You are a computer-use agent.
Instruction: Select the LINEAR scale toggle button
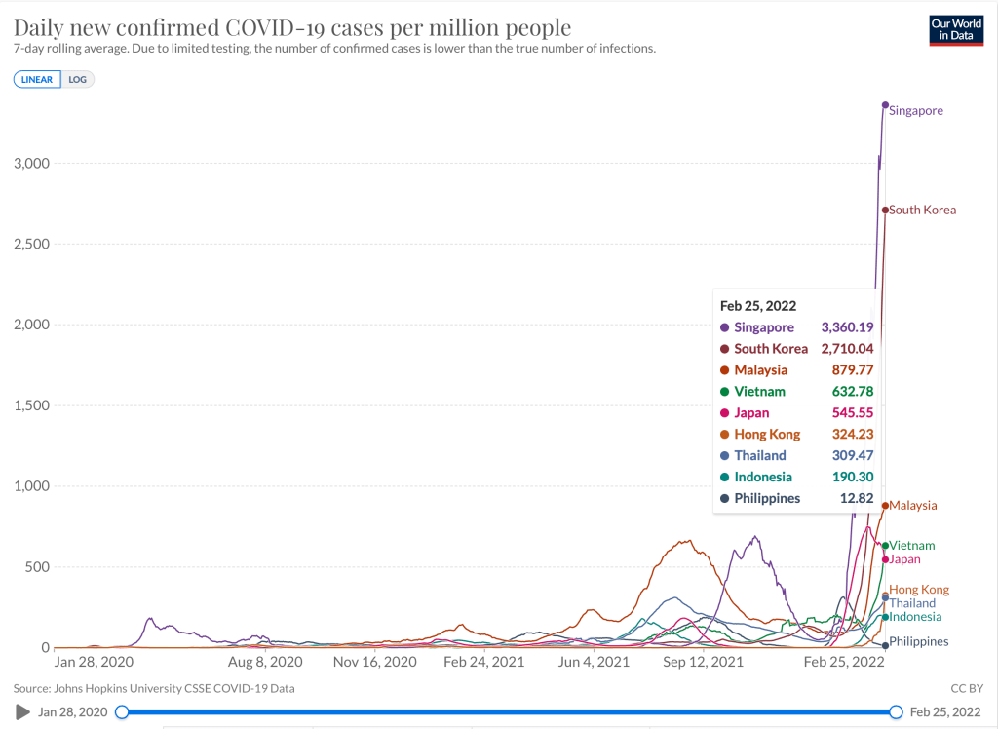(x=37, y=79)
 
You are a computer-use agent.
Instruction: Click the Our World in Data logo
(x=955, y=30)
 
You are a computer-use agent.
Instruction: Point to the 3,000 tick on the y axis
(x=31, y=163)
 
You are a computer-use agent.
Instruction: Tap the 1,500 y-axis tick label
(x=31, y=405)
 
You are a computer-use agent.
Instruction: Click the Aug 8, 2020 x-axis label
(x=264, y=661)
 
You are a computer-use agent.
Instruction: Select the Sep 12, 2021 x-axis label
(x=697, y=661)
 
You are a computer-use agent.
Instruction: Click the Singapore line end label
(x=916, y=111)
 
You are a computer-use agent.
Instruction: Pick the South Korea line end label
(x=922, y=210)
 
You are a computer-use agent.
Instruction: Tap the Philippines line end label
(x=919, y=641)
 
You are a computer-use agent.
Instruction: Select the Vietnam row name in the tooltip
(x=759, y=392)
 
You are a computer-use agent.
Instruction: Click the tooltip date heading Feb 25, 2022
(x=757, y=305)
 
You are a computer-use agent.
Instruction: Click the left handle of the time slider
(x=122, y=712)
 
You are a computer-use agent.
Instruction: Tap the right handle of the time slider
(x=897, y=712)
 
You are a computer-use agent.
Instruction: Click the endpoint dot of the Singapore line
(x=885, y=105)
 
